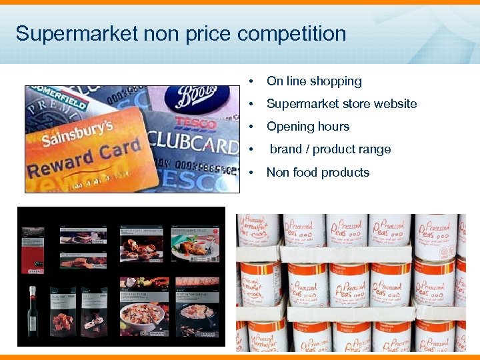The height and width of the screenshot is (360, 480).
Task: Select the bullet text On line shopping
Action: [x=314, y=81]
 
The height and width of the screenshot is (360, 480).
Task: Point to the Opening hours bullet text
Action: [x=308, y=127]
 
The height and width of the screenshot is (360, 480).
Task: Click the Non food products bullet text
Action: [x=318, y=172]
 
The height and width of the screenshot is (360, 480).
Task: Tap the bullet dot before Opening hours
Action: [x=250, y=127]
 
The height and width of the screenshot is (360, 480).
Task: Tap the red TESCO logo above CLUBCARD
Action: [x=195, y=123]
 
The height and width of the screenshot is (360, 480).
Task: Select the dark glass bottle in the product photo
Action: [x=31, y=312]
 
